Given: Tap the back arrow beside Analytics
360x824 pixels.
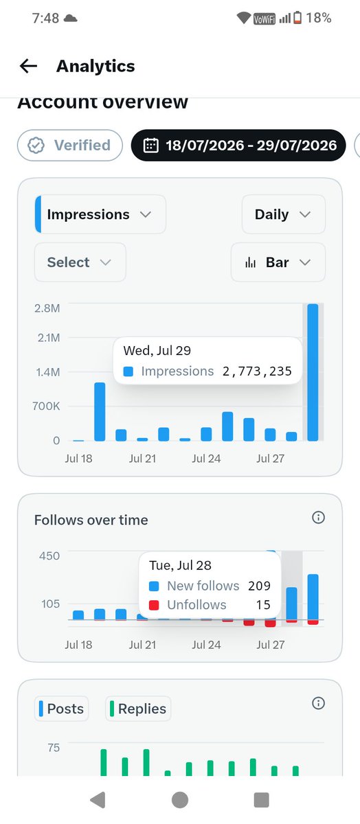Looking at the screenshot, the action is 28,66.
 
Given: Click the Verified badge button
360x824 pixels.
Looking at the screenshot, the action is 70,146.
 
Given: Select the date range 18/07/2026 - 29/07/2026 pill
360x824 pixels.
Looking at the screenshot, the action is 238,146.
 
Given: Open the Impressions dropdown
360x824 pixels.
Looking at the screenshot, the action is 100,214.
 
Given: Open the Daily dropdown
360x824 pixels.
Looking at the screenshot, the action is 284,214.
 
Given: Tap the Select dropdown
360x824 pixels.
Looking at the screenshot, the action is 80,262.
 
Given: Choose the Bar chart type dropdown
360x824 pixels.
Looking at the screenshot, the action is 278,262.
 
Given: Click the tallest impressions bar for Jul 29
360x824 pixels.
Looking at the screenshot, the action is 313,372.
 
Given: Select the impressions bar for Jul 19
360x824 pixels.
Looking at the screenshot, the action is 100,411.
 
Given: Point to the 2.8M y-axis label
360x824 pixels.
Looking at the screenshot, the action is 47,308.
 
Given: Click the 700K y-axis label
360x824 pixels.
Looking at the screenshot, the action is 46,406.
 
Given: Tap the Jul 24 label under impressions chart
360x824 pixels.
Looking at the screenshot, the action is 206,459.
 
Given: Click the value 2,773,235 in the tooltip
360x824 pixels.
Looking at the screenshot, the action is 257,371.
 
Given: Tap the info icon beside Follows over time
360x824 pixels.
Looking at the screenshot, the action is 318,518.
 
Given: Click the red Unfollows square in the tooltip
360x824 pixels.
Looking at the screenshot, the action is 154,605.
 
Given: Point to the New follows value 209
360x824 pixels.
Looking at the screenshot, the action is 259,586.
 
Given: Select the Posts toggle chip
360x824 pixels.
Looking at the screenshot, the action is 61,709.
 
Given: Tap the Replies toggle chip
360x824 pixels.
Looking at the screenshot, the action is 138,709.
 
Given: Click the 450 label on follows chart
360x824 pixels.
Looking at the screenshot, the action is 49,556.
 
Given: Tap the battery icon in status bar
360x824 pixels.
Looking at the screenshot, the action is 297,18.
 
